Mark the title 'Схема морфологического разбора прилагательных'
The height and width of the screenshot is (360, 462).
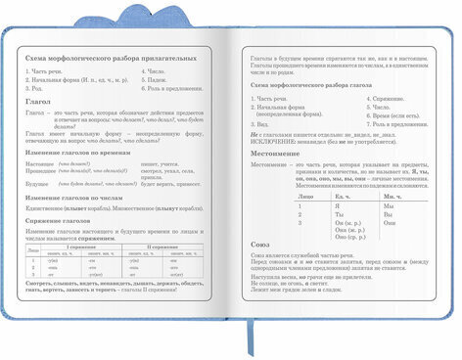pyautogui.click(x=106, y=59)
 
